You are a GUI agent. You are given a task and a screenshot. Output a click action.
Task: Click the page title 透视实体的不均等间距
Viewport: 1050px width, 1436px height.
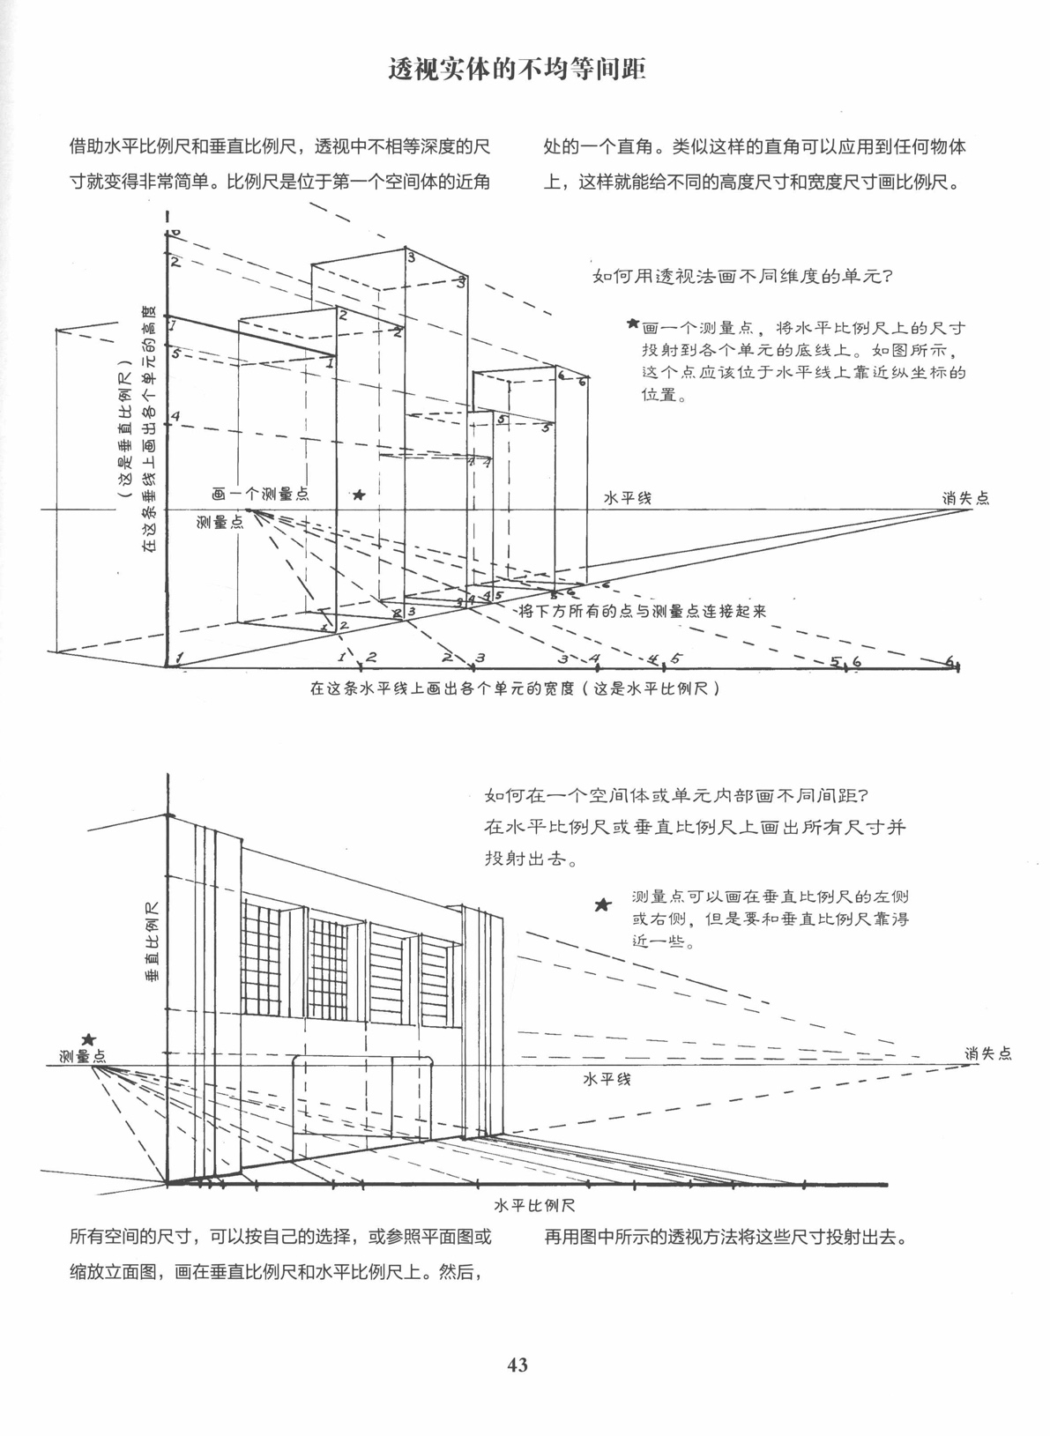click(x=518, y=70)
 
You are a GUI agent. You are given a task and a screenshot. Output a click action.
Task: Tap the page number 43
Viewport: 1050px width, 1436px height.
click(x=518, y=1365)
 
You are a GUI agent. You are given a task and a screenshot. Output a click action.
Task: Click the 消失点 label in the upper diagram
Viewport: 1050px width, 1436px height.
click(x=965, y=498)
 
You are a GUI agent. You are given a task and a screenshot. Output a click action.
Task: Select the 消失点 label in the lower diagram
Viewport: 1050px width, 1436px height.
click(x=987, y=1053)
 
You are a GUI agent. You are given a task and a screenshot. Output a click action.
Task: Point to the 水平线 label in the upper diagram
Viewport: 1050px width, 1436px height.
click(x=627, y=498)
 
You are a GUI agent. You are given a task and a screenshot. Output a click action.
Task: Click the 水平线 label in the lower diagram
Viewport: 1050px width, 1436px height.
click(x=607, y=1079)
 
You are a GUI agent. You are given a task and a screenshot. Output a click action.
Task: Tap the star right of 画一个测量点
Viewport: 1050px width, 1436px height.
click(x=359, y=495)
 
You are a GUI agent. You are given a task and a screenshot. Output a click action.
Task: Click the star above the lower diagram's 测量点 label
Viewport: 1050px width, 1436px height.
click(x=88, y=1041)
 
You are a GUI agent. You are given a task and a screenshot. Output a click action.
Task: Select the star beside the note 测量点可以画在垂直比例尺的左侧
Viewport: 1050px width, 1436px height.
click(x=603, y=905)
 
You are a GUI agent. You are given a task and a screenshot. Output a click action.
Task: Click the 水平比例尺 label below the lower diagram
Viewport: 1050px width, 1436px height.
click(x=535, y=1205)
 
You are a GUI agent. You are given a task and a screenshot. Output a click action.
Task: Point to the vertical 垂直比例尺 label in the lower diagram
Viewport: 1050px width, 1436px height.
click(x=152, y=942)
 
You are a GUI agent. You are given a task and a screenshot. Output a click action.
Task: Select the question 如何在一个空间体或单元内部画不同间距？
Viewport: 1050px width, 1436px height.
click(x=678, y=796)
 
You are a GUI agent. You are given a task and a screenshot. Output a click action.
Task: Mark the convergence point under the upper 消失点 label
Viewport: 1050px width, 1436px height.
click(x=972, y=510)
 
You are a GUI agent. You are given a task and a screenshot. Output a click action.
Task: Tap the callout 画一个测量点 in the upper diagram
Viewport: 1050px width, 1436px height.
click(x=260, y=495)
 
